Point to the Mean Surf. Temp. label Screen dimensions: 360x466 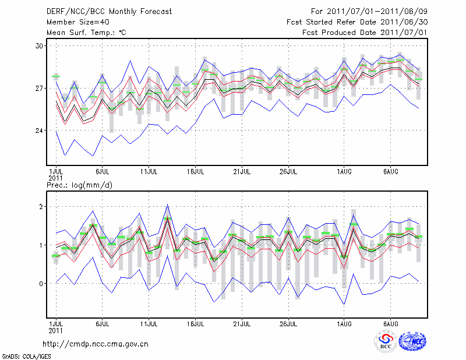tap(86, 33)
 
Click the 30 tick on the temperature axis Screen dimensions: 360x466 tap(40, 45)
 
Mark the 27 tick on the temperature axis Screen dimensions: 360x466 tap(40, 88)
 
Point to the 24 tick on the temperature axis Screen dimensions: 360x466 tap(40, 130)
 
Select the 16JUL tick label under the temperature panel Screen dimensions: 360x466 tap(195, 172)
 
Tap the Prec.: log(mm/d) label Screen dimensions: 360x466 tap(79, 185)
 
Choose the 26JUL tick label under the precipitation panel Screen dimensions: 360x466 tap(288, 323)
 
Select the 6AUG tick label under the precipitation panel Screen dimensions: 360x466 tap(391, 323)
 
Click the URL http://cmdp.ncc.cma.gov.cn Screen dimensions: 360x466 tap(96, 344)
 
